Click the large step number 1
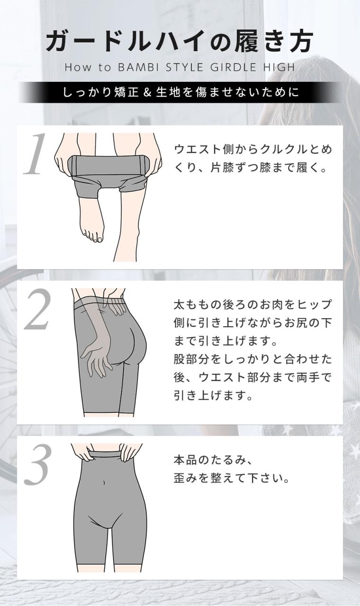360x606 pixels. tap(35, 154)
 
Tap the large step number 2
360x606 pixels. tap(37, 309)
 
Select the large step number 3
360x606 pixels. tap(37, 464)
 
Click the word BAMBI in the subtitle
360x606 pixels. tap(138, 67)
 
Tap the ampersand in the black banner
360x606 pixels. tap(147, 92)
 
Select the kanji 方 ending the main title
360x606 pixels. tap(300, 41)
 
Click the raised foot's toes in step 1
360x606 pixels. tap(93, 236)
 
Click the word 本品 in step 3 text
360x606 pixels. tap(185, 460)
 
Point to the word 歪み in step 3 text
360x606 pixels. tap(185, 479)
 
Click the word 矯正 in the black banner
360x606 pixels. tap(126, 92)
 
